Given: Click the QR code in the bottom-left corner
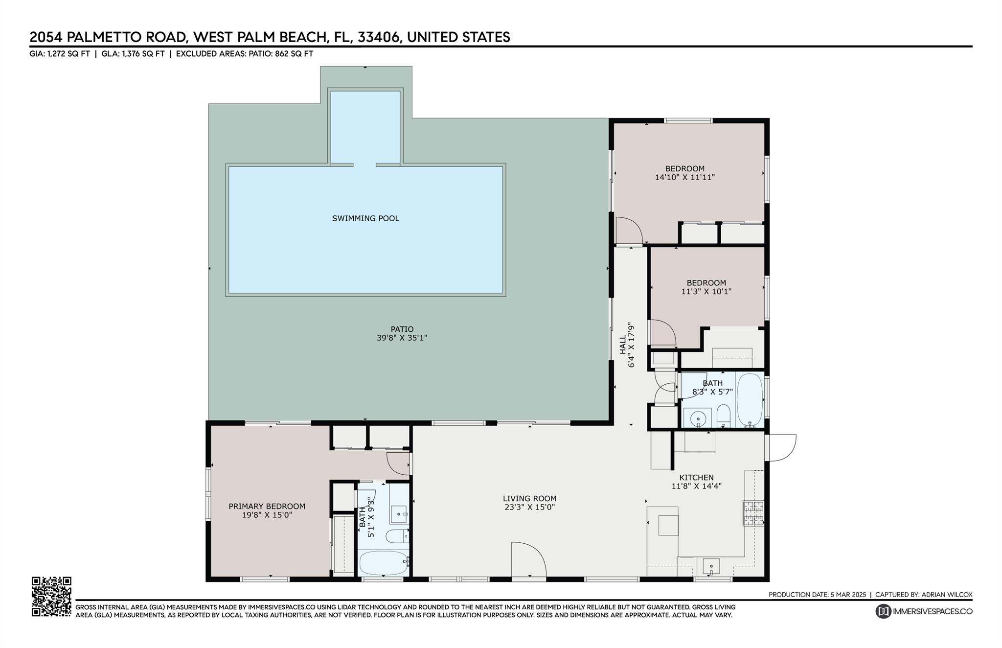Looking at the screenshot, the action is pos(51,596).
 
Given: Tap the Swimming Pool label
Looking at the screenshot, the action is pos(365,218).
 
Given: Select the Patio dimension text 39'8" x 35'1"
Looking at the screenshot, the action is pos(402,338).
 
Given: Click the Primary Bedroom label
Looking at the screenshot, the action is pos(267,506).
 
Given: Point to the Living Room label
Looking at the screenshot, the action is pos(529,499).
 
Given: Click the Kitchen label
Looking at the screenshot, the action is pos(696,477).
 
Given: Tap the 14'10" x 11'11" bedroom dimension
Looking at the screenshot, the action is pos(685,177).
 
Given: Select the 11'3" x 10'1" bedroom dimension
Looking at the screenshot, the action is pos(706,291).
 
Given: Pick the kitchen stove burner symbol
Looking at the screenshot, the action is pos(753,513).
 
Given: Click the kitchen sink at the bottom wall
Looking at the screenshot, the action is pos(711,567).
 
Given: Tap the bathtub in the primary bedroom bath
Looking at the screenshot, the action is pos(383,563).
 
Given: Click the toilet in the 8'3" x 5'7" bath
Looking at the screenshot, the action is pos(723,417).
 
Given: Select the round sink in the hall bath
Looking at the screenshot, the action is pos(698,418).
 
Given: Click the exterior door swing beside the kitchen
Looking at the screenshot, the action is pos(781,448).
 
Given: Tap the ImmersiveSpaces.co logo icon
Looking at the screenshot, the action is pos(883,611).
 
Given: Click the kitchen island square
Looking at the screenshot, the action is pos(668,525).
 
